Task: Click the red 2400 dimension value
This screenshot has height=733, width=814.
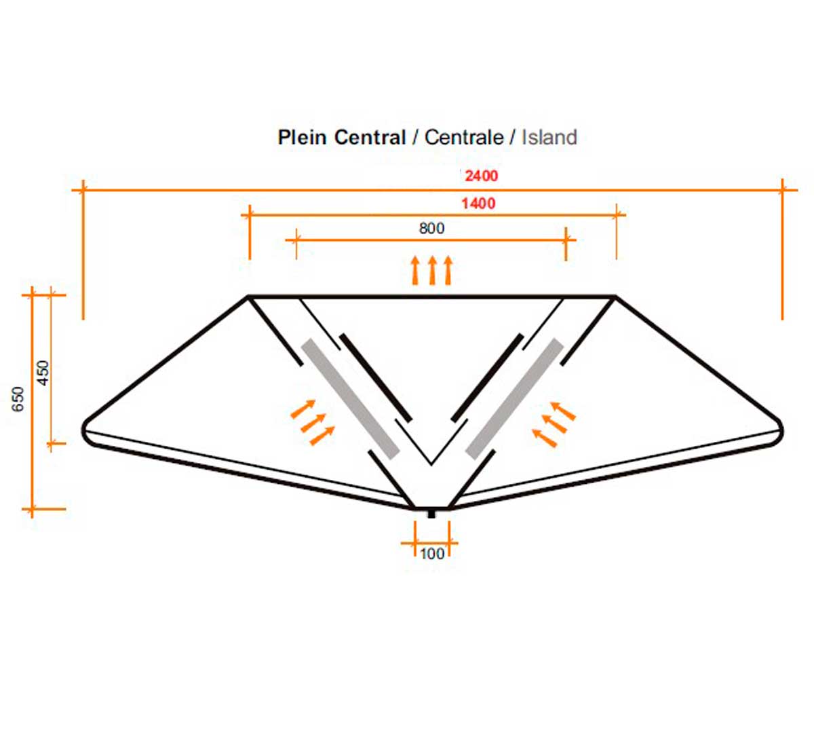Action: (481, 176)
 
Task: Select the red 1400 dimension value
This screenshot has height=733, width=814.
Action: (478, 204)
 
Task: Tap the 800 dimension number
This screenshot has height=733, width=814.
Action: (431, 229)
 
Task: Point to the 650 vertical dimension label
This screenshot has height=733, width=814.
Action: (18, 399)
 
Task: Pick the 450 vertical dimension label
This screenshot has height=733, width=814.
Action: (43, 373)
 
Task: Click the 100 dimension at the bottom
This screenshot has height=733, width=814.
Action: (432, 554)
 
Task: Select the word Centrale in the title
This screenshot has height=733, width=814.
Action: (464, 137)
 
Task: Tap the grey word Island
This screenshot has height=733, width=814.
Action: (549, 137)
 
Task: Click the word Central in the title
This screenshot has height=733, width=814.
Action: (370, 137)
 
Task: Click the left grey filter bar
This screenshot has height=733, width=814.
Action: (351, 399)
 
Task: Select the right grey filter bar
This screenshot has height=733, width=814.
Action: (515, 399)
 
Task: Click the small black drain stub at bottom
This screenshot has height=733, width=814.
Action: (431, 514)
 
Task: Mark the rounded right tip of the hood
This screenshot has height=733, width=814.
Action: (782, 430)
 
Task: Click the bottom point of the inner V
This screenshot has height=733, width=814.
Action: (431, 464)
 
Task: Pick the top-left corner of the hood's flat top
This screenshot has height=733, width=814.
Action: (248, 297)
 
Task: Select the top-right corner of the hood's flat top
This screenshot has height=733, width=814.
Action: (615, 297)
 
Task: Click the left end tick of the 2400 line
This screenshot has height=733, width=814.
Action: (83, 189)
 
